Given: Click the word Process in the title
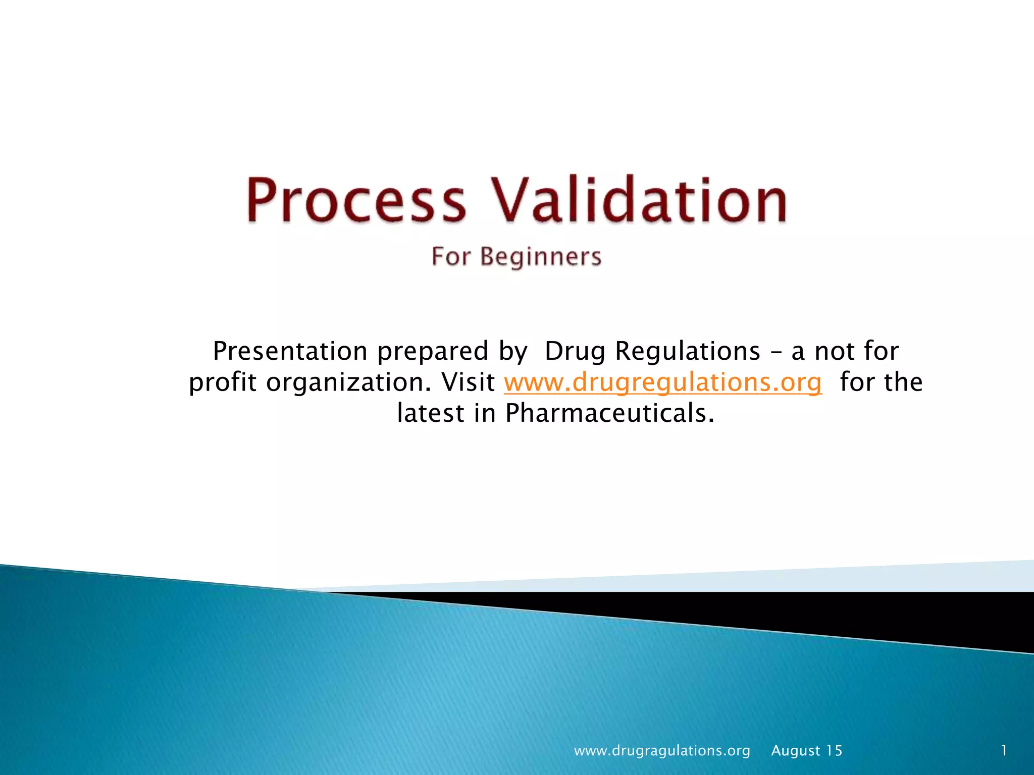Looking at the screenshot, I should (356, 200).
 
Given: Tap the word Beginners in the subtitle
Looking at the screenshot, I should (541, 257).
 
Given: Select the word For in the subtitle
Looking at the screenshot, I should (450, 256).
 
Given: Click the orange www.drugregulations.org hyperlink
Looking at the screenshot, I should (662, 382).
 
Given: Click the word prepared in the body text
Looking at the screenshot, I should (433, 352).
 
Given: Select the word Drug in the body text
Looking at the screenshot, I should (575, 351).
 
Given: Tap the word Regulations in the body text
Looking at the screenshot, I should (687, 351).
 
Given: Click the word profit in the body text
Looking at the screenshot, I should (223, 382).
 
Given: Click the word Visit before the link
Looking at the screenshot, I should (468, 382).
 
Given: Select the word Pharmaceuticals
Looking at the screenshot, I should (610, 413).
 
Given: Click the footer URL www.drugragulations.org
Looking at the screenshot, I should (662, 751).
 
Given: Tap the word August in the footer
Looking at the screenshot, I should (796, 751).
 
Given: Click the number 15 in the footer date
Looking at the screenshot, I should (834, 751).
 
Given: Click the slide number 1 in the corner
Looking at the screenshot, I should (1004, 750).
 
